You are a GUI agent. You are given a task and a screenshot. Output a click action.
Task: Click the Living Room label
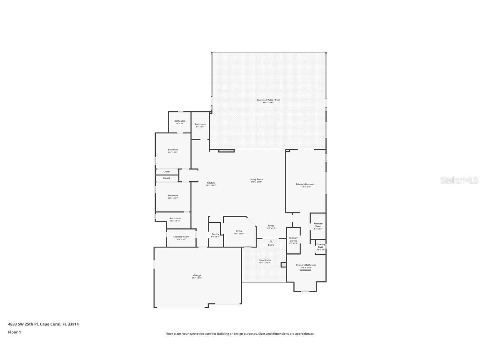256,180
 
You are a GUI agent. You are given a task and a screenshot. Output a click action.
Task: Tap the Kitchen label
211,183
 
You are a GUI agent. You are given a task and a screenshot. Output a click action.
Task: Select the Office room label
239,231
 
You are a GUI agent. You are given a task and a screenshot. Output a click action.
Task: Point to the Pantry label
215,234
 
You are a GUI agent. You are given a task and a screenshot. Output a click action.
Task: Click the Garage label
197,275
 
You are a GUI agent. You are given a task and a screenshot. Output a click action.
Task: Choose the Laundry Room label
181,237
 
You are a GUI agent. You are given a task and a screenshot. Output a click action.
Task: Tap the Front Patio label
265,260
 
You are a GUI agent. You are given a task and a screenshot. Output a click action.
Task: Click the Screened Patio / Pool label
268,100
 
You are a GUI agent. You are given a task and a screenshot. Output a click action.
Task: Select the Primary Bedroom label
305,184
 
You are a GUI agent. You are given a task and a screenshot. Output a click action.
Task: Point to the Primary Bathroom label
306,265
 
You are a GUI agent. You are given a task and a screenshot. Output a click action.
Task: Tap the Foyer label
271,226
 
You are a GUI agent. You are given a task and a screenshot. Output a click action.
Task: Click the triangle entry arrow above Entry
271,241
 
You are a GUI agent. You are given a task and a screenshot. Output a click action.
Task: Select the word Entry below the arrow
271,245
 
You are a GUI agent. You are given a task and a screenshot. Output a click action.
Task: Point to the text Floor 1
14,332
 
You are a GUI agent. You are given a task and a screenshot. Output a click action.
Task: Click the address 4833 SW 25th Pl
23,324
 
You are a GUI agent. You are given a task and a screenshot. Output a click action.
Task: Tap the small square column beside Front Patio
283,264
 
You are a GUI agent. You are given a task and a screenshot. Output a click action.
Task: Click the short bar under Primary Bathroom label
305,270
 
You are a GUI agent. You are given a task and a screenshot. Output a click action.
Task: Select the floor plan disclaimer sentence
240,334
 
